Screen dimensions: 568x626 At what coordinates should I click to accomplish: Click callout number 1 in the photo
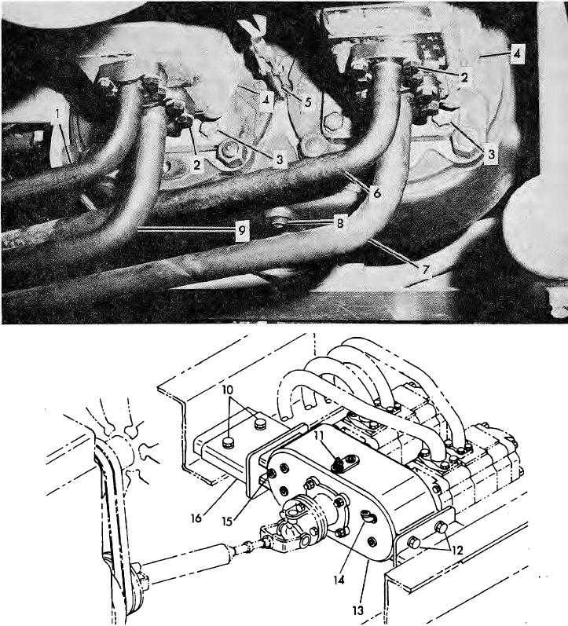pyautogui.click(x=57, y=114)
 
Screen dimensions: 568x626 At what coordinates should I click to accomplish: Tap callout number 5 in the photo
pyautogui.click(x=306, y=102)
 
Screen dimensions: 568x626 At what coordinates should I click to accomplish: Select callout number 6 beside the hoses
pyautogui.click(x=376, y=194)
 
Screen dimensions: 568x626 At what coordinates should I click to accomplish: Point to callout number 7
pyautogui.click(x=425, y=269)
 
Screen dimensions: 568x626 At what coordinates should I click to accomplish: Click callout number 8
pyautogui.click(x=340, y=223)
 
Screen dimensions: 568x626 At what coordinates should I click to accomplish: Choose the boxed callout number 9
pyautogui.click(x=243, y=231)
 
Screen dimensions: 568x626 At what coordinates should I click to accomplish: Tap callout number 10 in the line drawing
pyautogui.click(x=228, y=390)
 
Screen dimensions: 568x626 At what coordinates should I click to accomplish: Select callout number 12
pyautogui.click(x=457, y=551)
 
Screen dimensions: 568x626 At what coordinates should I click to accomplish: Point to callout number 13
pyautogui.click(x=358, y=610)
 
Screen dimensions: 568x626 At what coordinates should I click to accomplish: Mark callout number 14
pyautogui.click(x=339, y=580)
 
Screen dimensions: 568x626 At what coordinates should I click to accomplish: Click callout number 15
pyautogui.click(x=227, y=522)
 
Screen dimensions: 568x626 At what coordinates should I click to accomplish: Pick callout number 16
pyautogui.click(x=196, y=518)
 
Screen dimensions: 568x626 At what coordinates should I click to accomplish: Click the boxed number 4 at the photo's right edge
pyautogui.click(x=517, y=54)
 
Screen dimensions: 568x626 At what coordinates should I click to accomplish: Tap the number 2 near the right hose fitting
pyautogui.click(x=464, y=77)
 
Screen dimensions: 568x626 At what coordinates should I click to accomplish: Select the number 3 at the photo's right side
pyautogui.click(x=491, y=154)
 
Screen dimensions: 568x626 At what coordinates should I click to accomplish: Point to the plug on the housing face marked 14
pyautogui.click(x=367, y=517)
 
